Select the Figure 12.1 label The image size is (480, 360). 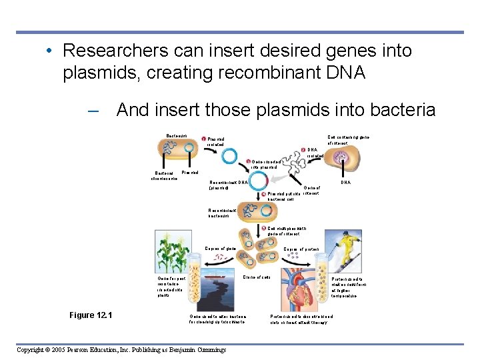pyautogui.click(x=91, y=315)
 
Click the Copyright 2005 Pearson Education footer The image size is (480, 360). pyautogui.click(x=121, y=349)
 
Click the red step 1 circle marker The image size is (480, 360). pyautogui.click(x=203, y=139)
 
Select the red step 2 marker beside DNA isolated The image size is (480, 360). pyautogui.click(x=303, y=149)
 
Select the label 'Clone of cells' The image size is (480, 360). pyautogui.click(x=257, y=277)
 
